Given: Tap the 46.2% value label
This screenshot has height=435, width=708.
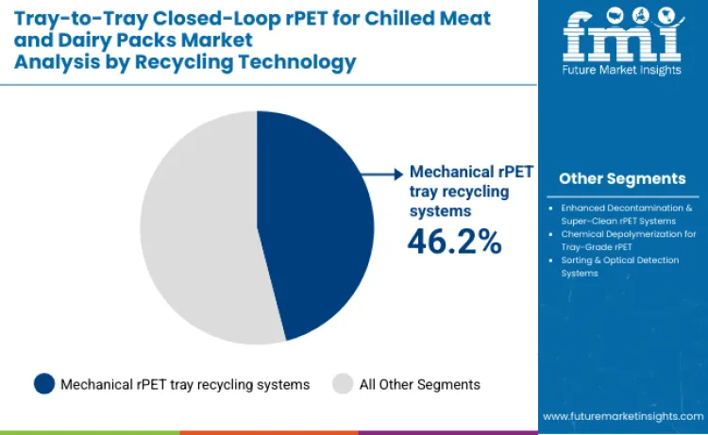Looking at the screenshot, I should point(454,242).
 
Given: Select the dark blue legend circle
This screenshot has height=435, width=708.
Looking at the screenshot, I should point(43,384).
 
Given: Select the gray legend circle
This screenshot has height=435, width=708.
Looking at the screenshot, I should point(344,384).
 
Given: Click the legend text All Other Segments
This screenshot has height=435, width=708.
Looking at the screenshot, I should point(420,384).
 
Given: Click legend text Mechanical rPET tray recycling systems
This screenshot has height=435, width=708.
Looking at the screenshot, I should point(185,384).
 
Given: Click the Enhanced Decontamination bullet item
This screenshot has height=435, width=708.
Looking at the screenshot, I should point(624,213).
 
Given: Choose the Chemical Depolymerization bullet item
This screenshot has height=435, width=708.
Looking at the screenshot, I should point(624,240).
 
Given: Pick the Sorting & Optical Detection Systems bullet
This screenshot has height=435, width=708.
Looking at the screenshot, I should point(624,266).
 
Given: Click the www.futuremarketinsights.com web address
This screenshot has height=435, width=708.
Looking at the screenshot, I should point(622,415).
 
